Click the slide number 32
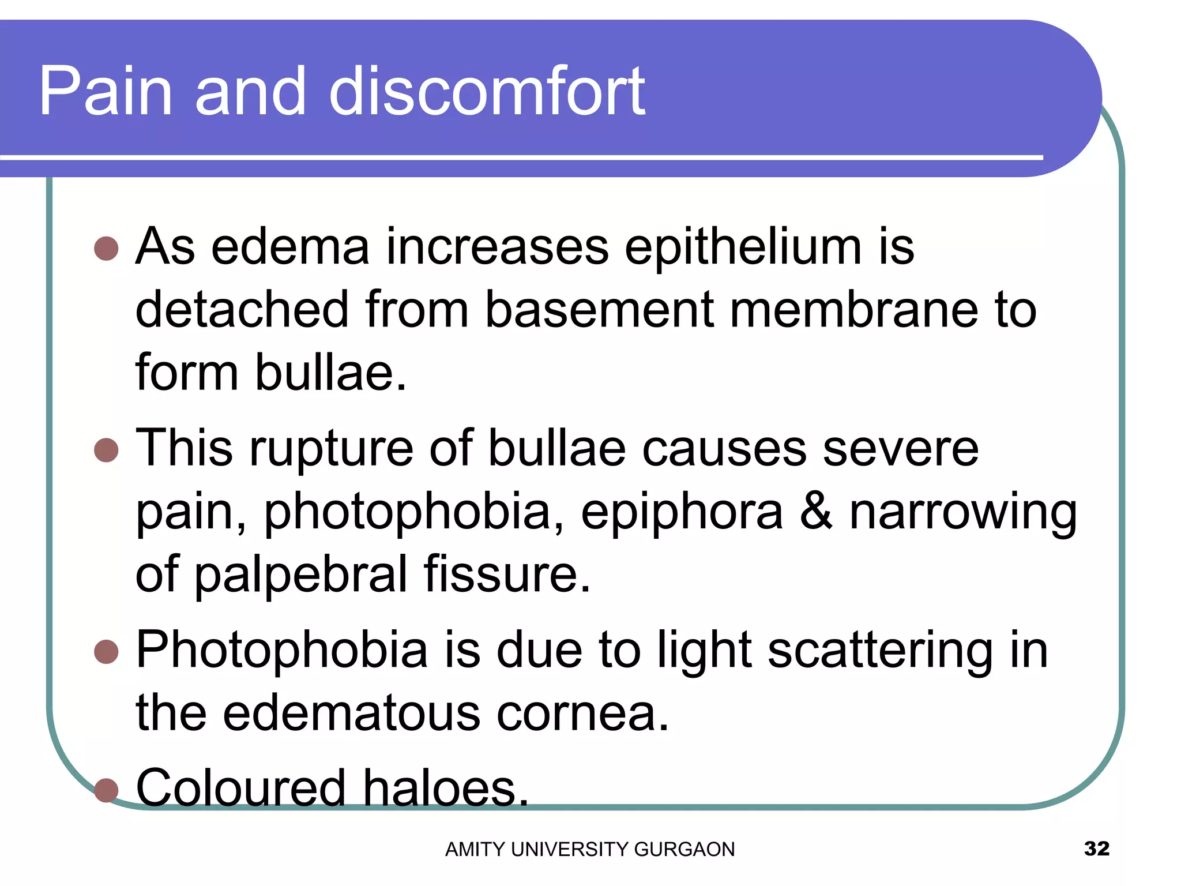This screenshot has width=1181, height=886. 1096,849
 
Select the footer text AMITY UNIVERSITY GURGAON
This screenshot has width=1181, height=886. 590,850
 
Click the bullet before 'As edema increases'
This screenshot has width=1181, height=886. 106,249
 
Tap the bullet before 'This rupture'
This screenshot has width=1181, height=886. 106,450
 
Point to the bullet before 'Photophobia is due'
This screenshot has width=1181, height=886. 106,652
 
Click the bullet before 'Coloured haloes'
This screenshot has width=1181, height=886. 106,790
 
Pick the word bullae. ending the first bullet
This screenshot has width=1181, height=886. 331,373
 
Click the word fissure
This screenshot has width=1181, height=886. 507,575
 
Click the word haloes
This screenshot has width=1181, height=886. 446,789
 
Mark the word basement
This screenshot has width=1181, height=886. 600,310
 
